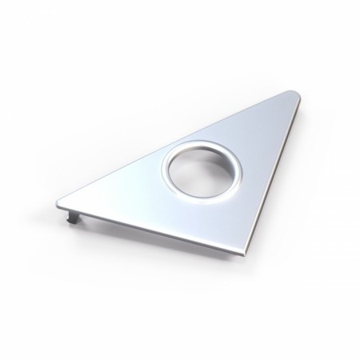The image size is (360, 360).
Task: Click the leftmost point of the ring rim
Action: (161, 170)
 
